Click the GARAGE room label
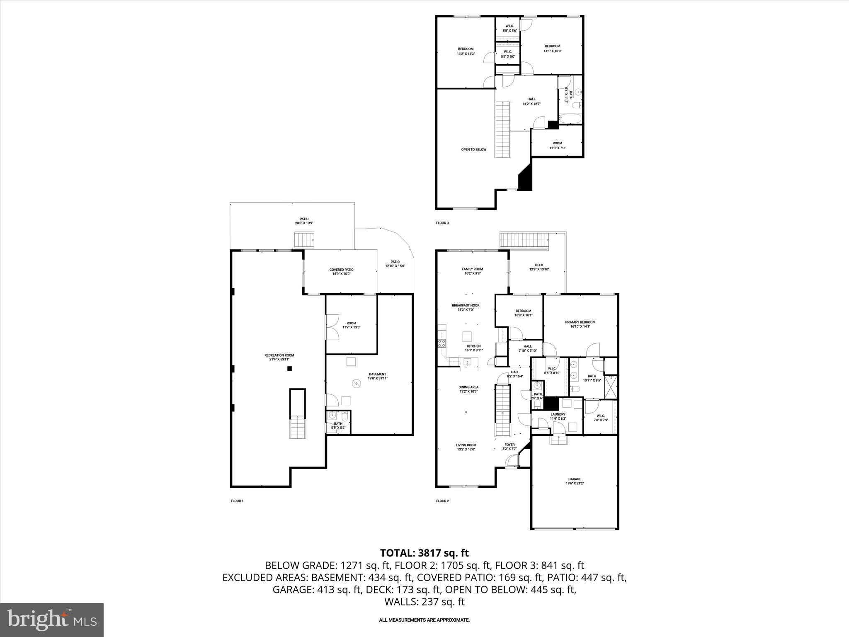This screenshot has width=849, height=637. pos(575,481)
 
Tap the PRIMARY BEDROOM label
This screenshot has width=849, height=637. pos(580,324)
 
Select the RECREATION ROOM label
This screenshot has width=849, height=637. pos(279,357)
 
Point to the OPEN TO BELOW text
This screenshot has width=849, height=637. pos(473,150)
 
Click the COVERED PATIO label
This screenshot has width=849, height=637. pos(341,272)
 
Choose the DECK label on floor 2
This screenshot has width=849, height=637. pos(539,267)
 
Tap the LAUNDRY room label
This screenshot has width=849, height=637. pos(558,416)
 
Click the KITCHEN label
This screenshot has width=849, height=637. pos(474,348)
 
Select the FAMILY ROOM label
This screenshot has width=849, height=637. pos(473,271)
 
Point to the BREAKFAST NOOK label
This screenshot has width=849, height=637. pos(466,307)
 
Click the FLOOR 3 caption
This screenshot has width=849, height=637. pos(442,223)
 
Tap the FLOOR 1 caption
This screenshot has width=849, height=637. pos(237,501)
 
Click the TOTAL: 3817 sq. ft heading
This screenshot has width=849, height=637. pos(424,553)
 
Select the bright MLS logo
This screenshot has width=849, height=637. pos(52,620)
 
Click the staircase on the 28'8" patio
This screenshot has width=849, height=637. pos(305,240)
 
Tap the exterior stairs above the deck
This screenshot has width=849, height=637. pos(524,240)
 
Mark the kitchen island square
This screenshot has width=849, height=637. pos(467,336)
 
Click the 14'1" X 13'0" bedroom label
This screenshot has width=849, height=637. pos(552,49)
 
